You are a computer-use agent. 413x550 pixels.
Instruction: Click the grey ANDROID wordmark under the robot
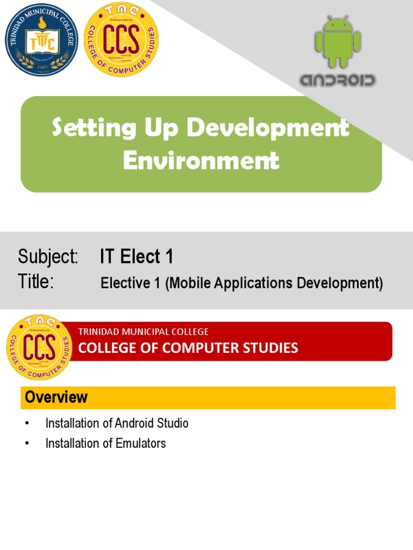(x=338, y=81)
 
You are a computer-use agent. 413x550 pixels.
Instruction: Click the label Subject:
(x=48, y=257)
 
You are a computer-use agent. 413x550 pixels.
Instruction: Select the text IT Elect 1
(x=137, y=257)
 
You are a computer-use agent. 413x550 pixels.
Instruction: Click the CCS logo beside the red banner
(x=39, y=346)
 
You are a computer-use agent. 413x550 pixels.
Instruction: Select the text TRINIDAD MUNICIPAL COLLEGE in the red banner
(x=144, y=332)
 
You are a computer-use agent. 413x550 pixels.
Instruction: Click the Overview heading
(x=56, y=397)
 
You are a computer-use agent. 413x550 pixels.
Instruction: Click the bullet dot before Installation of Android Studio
(x=26, y=424)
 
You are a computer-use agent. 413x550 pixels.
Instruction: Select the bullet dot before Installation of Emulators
(x=26, y=444)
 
